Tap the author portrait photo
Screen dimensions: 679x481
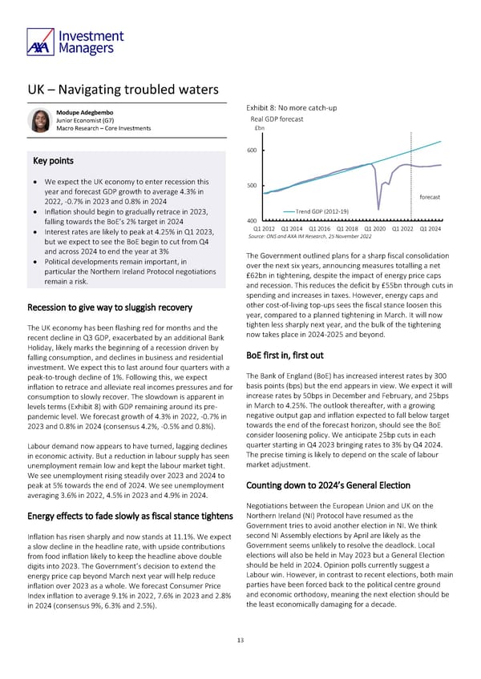pyautogui.click(x=39, y=121)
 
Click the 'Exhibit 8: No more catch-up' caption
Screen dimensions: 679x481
pyautogui.click(x=289, y=108)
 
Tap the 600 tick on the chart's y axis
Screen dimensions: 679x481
pyautogui.click(x=251, y=151)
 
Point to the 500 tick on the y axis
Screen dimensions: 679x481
pyautogui.click(x=251, y=187)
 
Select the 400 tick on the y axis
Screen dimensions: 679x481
pyautogui.click(x=251, y=222)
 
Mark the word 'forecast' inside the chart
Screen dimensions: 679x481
pyautogui.click(x=428, y=197)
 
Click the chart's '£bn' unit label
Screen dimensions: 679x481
pyautogui.click(x=258, y=130)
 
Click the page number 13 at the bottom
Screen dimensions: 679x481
pyautogui.click(x=240, y=640)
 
